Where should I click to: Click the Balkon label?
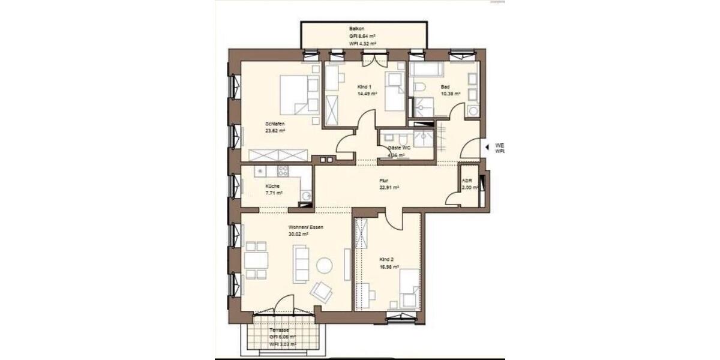click(x=358, y=29)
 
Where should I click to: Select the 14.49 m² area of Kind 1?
click(x=367, y=94)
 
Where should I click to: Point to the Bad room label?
click(x=445, y=87)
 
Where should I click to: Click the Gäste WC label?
click(x=399, y=148)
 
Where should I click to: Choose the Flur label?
click(x=384, y=180)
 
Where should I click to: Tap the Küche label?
click(x=272, y=186)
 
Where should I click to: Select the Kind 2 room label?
click(x=386, y=260)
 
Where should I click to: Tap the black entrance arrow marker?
click(x=487, y=146)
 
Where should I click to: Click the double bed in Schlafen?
click(x=298, y=95)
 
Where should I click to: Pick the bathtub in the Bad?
click(x=427, y=71)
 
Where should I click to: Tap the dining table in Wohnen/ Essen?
click(x=257, y=260)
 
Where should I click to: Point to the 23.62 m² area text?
click(x=275, y=130)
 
